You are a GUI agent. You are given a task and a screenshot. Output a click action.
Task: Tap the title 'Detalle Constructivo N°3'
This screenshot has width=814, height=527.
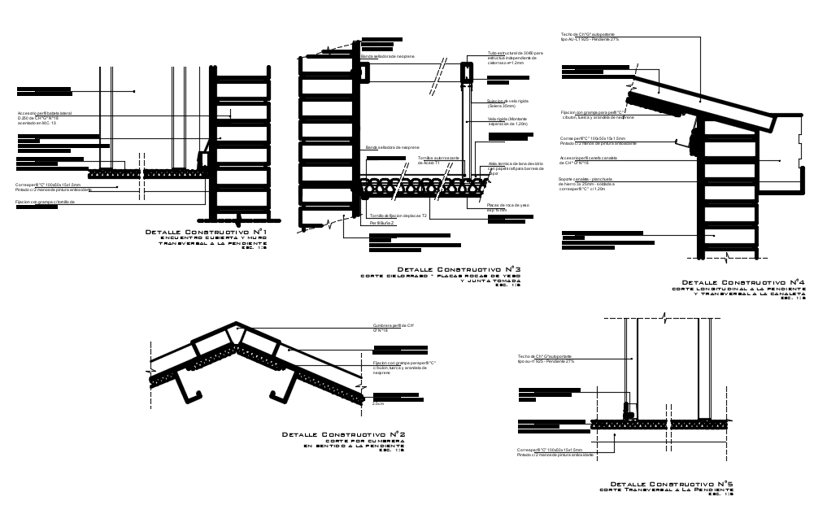click(459, 269)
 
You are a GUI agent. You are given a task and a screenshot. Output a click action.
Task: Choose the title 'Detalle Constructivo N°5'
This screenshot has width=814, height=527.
click(672, 484)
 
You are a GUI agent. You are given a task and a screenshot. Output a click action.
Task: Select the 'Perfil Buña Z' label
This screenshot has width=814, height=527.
click(381, 222)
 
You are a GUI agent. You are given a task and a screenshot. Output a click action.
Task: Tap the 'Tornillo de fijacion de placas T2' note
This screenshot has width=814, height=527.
click(399, 215)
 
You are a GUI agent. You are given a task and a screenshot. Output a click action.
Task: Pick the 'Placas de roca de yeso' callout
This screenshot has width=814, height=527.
click(507, 207)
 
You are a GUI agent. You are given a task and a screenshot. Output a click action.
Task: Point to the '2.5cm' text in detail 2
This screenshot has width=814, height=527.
click(378, 404)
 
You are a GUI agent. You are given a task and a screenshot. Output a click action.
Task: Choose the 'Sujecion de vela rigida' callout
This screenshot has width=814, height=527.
click(507, 102)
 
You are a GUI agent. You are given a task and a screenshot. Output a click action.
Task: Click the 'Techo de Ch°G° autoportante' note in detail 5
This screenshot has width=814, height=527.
click(546, 359)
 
